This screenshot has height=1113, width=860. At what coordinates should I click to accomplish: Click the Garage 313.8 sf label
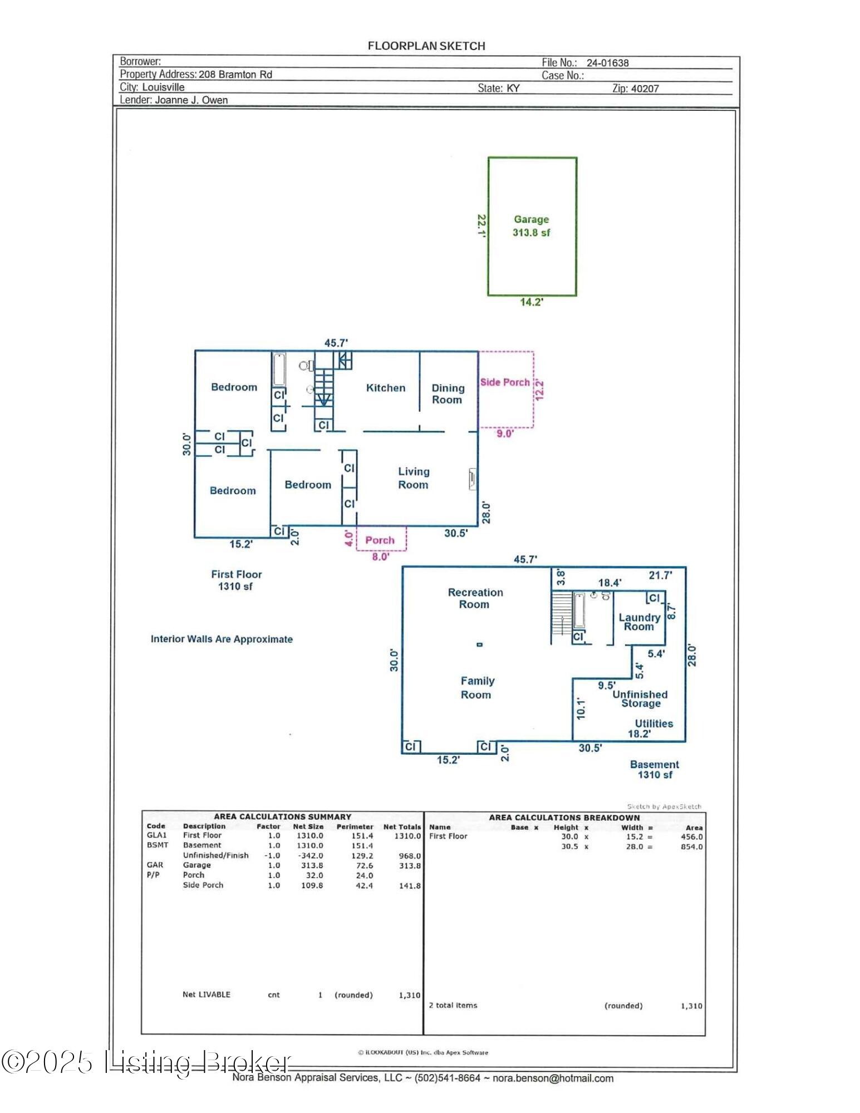[532, 226]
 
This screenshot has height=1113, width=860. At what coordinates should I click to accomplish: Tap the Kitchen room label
[386, 388]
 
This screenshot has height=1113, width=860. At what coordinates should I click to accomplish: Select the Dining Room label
[448, 393]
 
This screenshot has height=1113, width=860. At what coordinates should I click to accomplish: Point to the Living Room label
[414, 478]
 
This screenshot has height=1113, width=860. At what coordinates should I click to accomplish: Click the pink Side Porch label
[505, 382]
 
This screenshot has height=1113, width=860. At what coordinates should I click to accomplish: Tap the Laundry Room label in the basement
[640, 622]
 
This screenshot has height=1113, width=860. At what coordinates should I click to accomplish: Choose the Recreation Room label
[475, 598]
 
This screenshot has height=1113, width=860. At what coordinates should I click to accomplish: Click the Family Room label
[477, 687]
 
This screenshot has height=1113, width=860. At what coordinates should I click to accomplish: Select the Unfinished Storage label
[640, 698]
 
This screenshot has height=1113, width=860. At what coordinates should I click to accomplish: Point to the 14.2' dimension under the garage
[532, 302]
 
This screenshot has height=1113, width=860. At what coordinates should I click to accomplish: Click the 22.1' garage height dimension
[482, 226]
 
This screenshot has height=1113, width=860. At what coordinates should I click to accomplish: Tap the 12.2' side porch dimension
[539, 390]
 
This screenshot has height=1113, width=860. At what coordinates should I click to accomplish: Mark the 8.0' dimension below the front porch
[381, 556]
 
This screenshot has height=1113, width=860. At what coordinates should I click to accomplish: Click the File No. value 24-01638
[607, 63]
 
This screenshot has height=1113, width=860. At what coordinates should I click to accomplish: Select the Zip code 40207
[645, 88]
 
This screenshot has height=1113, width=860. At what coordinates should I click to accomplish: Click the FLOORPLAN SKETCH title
[426, 46]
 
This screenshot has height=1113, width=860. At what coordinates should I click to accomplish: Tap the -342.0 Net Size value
[309, 855]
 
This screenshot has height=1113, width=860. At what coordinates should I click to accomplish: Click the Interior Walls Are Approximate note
[222, 639]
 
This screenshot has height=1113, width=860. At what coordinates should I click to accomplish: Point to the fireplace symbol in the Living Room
[472, 479]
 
